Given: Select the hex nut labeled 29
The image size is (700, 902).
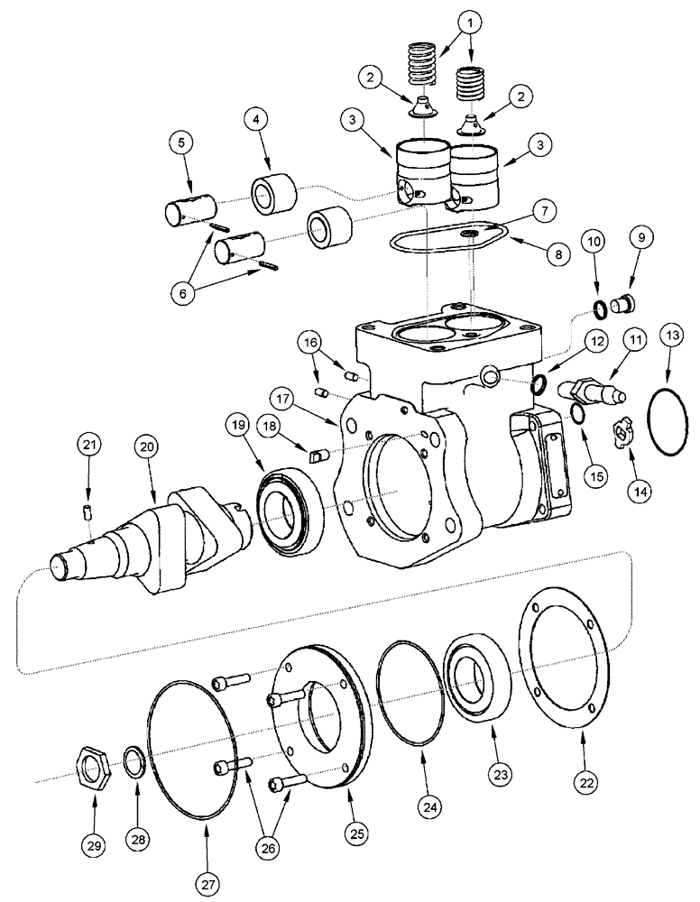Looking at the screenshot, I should [95, 769].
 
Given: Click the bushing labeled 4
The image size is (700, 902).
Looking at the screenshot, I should [272, 197].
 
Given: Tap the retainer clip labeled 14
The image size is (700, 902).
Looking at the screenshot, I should [622, 435].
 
